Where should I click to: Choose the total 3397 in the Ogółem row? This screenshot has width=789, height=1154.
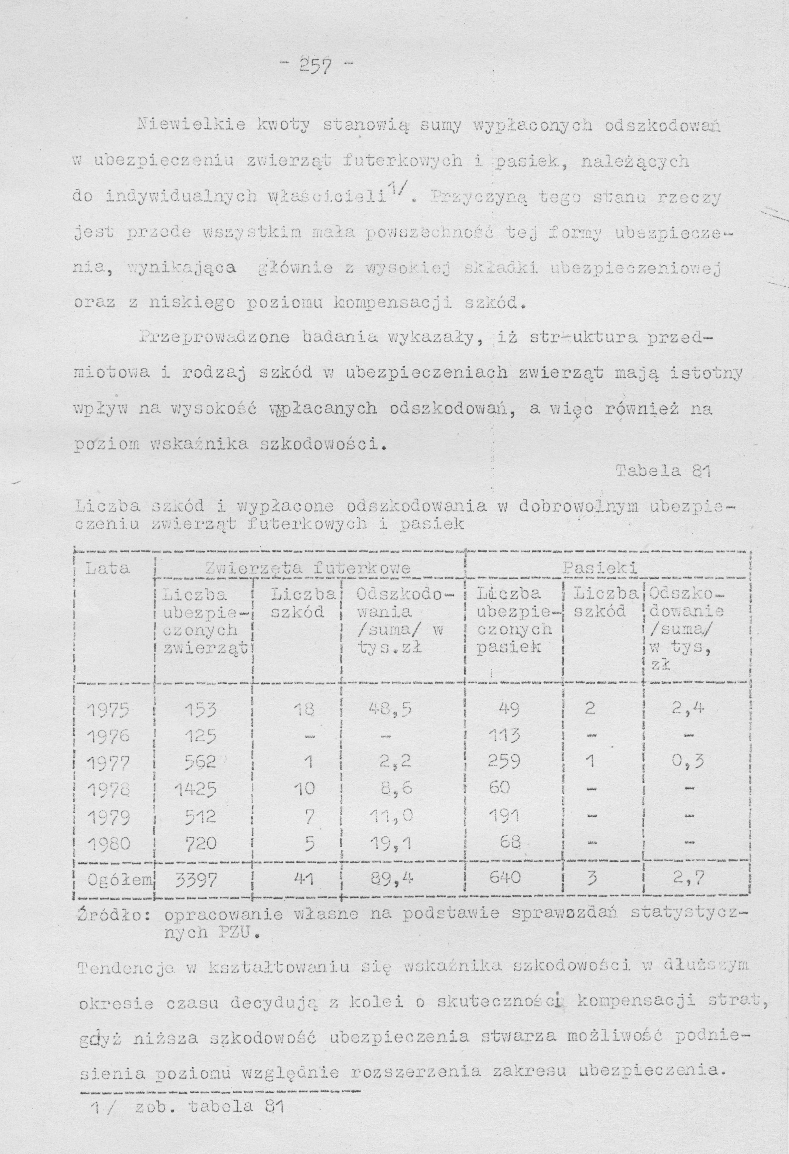pyautogui.click(x=196, y=880)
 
